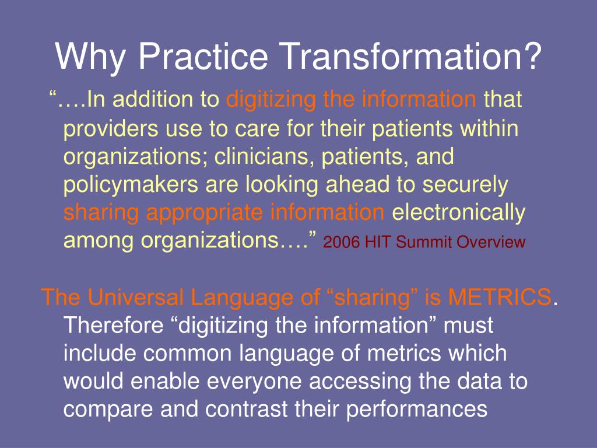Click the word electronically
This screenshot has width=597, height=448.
pos(458,213)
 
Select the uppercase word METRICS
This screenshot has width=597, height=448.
pos(500,297)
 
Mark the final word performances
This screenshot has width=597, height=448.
pos(416,409)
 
